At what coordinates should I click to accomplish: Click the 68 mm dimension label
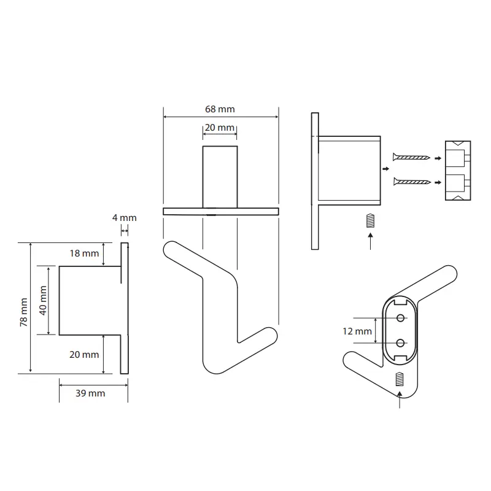(220, 109)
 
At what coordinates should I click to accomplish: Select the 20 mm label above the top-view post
(220, 128)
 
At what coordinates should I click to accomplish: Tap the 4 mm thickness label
(125, 218)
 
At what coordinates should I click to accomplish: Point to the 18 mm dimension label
(84, 253)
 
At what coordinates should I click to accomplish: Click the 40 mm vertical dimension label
(43, 300)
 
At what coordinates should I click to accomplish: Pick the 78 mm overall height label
(24, 312)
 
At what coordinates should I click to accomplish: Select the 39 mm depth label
(90, 393)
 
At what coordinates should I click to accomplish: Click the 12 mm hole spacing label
(357, 331)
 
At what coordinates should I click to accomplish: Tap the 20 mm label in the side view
(84, 355)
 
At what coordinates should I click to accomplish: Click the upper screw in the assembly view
(411, 157)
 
